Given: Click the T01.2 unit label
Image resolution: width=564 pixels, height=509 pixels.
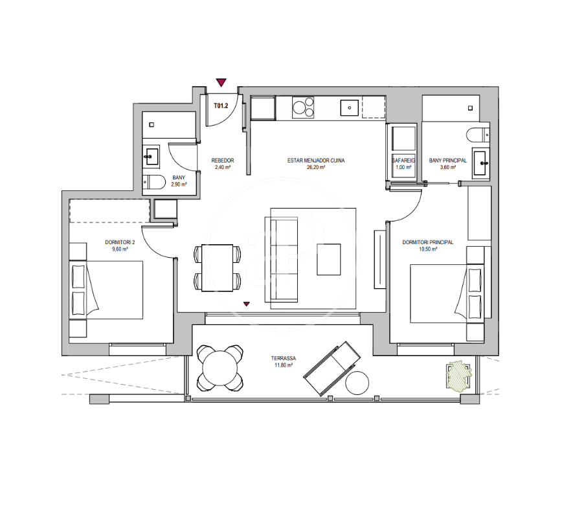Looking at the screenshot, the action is click(x=221, y=106).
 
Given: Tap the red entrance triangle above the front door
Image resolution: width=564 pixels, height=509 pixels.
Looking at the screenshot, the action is click(x=221, y=83).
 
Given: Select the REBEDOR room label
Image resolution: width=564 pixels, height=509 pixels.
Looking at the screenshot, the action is click(x=223, y=161).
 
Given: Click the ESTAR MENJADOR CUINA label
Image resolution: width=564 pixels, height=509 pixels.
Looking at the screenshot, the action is click(x=316, y=161).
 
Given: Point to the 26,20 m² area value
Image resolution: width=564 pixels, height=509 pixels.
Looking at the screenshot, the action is click(x=316, y=167).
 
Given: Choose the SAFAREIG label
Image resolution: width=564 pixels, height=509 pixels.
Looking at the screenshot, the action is click(x=403, y=161).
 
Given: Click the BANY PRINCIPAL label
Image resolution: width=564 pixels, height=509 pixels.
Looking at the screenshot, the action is click(x=448, y=161).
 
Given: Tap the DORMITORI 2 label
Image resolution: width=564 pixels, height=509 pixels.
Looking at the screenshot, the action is click(x=120, y=242).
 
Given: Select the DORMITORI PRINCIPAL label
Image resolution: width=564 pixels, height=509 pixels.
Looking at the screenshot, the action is click(x=427, y=242).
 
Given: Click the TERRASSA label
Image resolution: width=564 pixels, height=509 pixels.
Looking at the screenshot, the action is click(x=284, y=358).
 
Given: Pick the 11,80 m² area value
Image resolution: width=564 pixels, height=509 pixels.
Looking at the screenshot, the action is click(x=284, y=365).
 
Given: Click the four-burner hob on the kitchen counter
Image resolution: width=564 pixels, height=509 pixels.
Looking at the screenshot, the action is click(x=303, y=107).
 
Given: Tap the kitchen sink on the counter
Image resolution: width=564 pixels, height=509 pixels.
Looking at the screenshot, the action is click(x=349, y=107).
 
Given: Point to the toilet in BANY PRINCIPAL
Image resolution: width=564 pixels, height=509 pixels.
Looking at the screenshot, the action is click(x=478, y=135).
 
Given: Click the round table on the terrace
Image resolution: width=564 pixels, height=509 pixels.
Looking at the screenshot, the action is click(x=220, y=368).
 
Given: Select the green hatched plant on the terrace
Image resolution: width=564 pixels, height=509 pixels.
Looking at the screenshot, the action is click(x=459, y=375).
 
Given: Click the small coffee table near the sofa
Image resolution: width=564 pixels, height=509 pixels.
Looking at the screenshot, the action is click(x=328, y=259).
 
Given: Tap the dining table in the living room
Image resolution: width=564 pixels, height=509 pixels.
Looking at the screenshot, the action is click(x=218, y=267).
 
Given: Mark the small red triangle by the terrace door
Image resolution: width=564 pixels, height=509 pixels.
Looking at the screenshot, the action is click(x=247, y=304).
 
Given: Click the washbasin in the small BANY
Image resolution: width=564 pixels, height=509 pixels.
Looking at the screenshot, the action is click(x=152, y=157).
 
